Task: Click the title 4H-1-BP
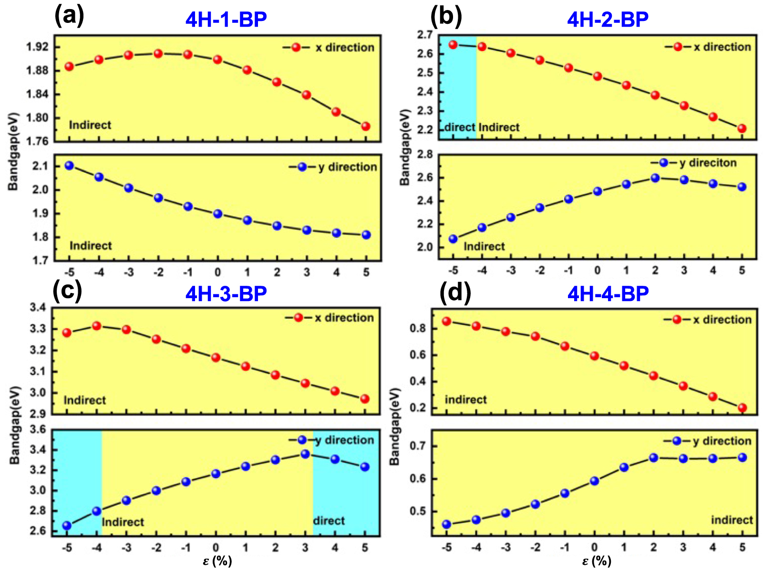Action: pos(226,20)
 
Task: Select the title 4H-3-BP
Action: pos(226,294)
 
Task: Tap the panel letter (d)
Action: pos(455,292)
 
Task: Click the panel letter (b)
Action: pos(446,17)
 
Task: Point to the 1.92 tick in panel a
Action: pos(38,47)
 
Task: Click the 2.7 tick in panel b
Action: pos(425,34)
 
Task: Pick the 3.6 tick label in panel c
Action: pos(38,430)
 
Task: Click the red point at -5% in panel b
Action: pos(453,45)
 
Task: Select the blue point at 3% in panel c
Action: pos(305,454)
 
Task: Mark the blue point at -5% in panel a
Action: pos(69,166)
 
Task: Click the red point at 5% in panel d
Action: pos(742,408)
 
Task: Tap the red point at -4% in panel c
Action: pos(96,326)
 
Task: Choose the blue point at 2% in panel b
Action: pos(655,178)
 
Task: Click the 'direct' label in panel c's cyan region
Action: pos(329,520)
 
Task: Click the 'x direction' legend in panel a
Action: pos(344,48)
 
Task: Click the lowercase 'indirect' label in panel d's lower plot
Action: pos(732,520)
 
